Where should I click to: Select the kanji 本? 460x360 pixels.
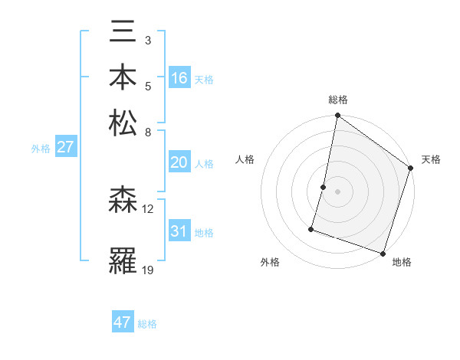[x=123, y=78]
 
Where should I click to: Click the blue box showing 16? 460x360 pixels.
[x=179, y=78]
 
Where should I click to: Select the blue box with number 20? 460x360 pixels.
[x=179, y=162]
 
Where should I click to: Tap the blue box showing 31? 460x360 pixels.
[x=179, y=231]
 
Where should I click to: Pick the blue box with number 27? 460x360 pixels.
[x=65, y=147]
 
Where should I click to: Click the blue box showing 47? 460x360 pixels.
[x=123, y=322]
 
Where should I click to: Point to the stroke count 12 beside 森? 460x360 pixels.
[x=148, y=209]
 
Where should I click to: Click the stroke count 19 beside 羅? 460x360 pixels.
[x=148, y=270]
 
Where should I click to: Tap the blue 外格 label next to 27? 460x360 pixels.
[x=41, y=149]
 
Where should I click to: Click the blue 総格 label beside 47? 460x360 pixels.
[x=147, y=324]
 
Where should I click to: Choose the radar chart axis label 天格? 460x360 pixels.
[x=431, y=159]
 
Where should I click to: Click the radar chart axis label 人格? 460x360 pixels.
[x=245, y=159]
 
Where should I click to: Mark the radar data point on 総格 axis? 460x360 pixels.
[x=337, y=116]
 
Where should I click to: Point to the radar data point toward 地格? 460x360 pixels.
[x=382, y=252]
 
